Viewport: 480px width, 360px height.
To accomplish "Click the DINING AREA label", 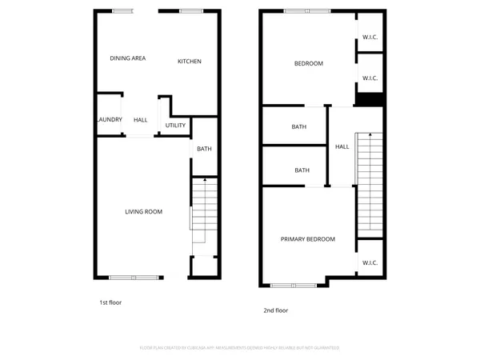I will coord(127,58).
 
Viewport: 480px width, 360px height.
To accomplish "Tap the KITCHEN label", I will coord(189,62).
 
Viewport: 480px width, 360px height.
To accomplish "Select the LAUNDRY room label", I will coord(108,120).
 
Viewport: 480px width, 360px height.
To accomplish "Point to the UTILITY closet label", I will coord(175,126).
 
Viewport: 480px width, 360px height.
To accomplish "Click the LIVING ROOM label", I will coord(143,212).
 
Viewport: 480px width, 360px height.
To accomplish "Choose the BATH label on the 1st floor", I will coord(204,149).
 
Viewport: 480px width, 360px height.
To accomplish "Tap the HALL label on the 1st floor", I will coord(140,120).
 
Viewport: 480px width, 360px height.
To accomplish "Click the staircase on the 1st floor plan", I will coord(204,212).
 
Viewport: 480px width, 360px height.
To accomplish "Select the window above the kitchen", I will coord(190,11).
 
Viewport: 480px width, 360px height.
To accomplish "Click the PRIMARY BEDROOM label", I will coord(307,239).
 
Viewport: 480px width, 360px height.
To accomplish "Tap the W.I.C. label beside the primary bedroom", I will coord(369,262).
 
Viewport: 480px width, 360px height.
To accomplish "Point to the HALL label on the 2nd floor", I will coord(342,146).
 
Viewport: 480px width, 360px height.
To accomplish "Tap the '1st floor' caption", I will coord(110,303).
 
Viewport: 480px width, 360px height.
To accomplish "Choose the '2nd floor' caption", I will coord(275,310).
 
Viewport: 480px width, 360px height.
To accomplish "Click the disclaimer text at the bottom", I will coord(239,348).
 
